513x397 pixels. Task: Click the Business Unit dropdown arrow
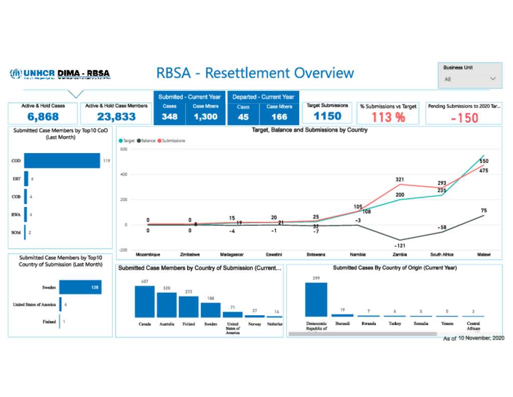coord(493,79)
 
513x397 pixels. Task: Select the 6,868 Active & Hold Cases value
coord(43,117)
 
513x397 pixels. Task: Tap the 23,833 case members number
coord(116,117)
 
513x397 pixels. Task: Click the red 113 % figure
coord(388,117)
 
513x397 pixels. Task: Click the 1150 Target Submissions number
coord(327,116)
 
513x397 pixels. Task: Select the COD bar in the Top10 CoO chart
coord(62,161)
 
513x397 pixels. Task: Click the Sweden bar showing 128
coord(80,288)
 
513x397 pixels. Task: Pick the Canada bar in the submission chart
coord(145,302)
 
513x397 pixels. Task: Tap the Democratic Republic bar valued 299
coord(316,299)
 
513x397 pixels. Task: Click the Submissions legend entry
coord(172,141)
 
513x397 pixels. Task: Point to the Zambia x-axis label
coord(399,255)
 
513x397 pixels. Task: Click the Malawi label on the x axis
coord(483,255)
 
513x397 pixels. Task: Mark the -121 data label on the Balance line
coord(399,246)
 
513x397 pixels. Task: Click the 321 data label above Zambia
coord(399,179)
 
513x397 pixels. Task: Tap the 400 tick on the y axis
coord(123,175)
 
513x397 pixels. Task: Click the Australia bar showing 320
coord(167,305)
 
